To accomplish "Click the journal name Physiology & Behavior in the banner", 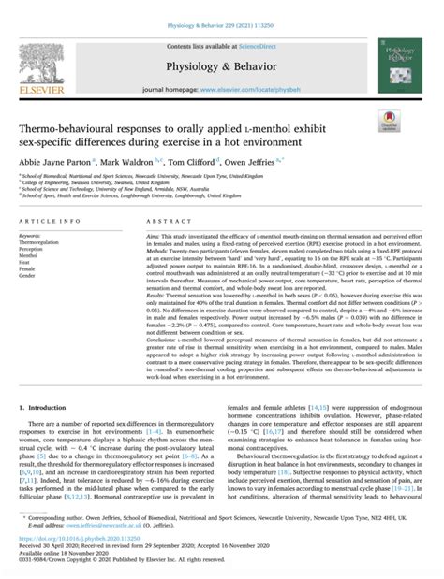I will click(223, 65).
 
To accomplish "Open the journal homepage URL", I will click(259, 88).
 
